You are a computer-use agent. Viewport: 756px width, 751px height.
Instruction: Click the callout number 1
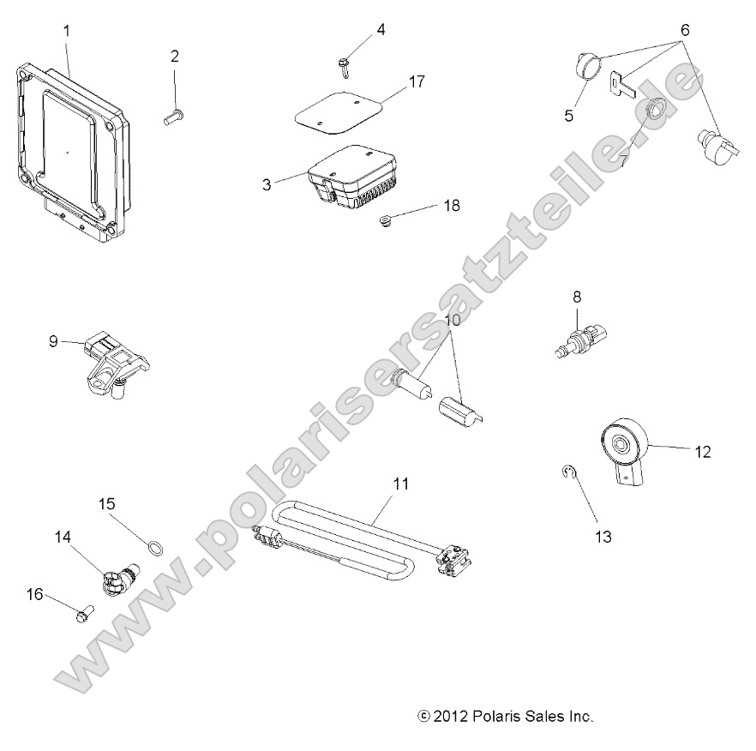(67, 32)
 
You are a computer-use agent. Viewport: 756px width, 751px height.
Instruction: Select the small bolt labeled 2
(175, 117)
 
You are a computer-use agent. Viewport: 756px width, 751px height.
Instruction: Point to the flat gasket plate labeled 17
(342, 112)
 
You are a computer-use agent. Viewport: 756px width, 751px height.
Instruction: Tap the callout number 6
(684, 29)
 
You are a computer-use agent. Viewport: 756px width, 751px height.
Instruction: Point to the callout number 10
(453, 321)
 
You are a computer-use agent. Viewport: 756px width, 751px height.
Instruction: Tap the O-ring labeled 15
(155, 545)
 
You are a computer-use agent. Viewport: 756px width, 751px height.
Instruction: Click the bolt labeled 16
(83, 615)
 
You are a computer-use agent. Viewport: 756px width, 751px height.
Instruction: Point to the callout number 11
(400, 484)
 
